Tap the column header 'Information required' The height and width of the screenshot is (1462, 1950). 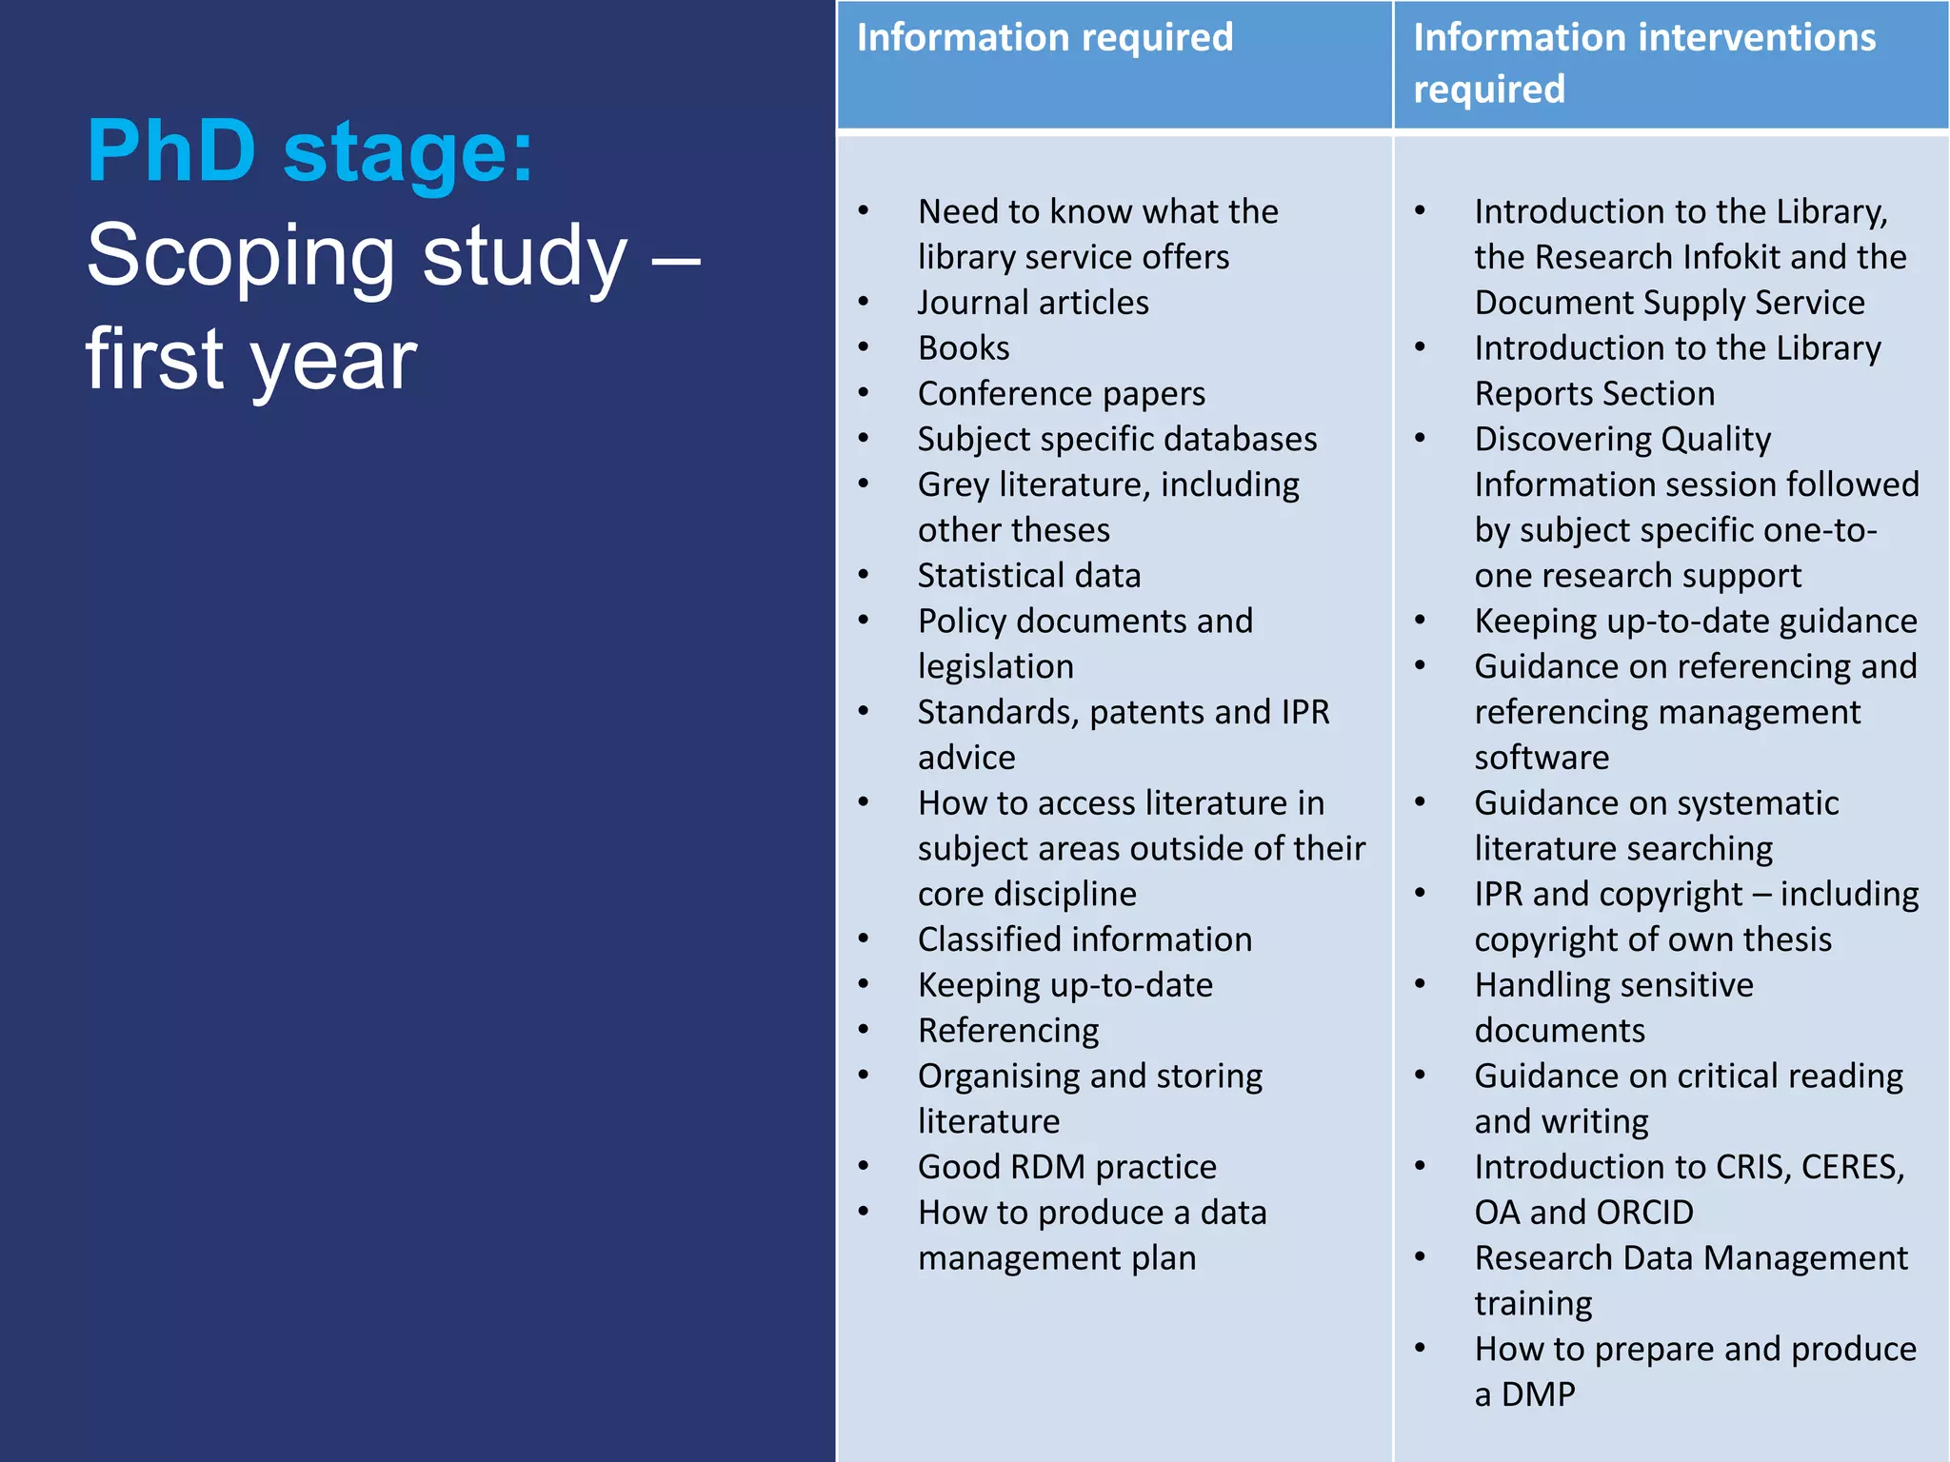pos(1045,38)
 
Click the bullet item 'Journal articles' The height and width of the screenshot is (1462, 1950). pos(1033,303)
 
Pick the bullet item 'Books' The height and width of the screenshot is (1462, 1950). pos(964,348)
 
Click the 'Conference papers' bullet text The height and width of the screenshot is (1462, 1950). pos(1061,394)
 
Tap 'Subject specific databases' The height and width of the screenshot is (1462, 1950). pos(1117,440)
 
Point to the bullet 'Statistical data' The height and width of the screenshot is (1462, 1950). pos(1028,576)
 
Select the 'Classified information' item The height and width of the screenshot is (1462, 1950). pos(1084,939)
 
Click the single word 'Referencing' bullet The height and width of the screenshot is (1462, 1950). pos(1008,1031)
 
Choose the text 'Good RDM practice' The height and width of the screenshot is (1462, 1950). pos(1066,1167)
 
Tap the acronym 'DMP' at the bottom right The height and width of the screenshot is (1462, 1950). pos(1539,1394)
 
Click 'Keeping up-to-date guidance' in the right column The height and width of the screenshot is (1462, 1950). pos(1695,622)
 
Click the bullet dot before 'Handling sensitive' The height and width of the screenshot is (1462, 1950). pos(1420,983)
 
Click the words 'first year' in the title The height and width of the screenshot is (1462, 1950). pos(251,360)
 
